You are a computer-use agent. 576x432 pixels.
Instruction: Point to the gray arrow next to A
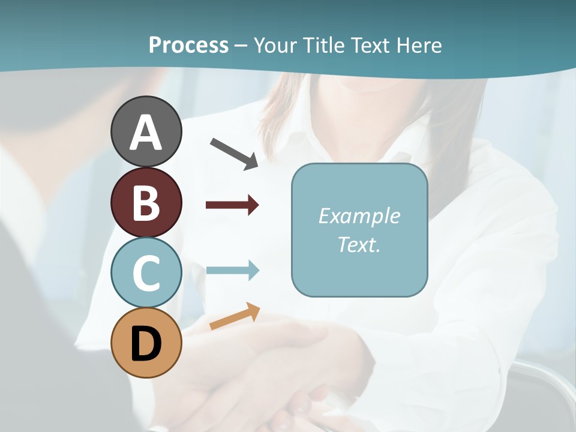pyautogui.click(x=234, y=153)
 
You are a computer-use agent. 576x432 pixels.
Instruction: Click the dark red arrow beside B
pyautogui.click(x=232, y=205)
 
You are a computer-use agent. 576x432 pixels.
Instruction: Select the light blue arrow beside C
pyautogui.click(x=232, y=270)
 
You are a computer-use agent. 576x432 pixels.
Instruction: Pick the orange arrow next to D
pyautogui.click(x=235, y=316)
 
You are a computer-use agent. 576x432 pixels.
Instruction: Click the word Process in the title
pyautogui.click(x=188, y=45)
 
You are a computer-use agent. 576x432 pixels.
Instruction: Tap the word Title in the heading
pyautogui.click(x=325, y=45)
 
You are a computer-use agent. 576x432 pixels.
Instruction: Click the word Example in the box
pyautogui.click(x=359, y=216)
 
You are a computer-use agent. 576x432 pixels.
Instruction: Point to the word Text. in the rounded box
pyautogui.click(x=359, y=244)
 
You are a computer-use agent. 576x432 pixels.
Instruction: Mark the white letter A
pyautogui.click(x=146, y=133)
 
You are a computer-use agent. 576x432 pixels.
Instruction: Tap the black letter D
pyautogui.click(x=146, y=344)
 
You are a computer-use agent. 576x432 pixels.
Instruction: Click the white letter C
pyautogui.click(x=146, y=273)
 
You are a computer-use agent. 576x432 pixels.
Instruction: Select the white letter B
pyautogui.click(x=146, y=203)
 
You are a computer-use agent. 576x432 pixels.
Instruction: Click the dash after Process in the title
pyautogui.click(x=241, y=46)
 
